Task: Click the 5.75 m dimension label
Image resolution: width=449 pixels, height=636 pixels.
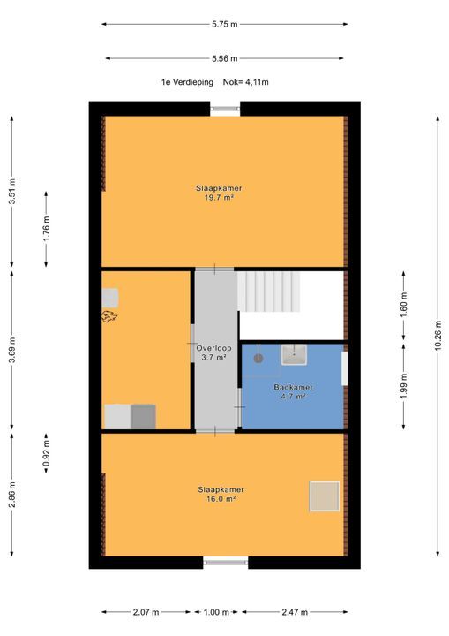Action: [x=224, y=25]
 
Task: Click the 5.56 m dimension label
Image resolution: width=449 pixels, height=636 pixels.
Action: [x=224, y=59]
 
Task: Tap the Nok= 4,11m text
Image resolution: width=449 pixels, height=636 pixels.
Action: [x=245, y=82]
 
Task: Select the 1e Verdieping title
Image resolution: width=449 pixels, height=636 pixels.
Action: [x=187, y=82]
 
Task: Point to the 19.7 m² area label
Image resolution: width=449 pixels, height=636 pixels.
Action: [x=220, y=198]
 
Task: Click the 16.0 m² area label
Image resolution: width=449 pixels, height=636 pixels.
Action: [x=221, y=499]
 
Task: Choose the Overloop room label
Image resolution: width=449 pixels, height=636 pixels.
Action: [x=214, y=348]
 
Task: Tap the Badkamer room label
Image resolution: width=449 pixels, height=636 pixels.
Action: [x=293, y=388]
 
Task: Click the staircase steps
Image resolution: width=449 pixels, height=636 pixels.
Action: [x=269, y=291]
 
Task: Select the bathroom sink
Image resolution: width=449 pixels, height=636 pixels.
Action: [x=295, y=354]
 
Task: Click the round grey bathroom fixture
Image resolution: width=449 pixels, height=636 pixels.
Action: [x=258, y=358]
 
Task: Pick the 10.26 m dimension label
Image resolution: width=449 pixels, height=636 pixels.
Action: [x=438, y=337]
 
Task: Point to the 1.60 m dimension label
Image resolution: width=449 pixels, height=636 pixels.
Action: [x=404, y=305]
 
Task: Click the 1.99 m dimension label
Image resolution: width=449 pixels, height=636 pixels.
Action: [x=404, y=386]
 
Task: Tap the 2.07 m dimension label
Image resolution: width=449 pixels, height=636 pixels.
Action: [x=146, y=612]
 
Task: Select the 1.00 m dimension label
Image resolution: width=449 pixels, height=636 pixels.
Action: [x=216, y=612]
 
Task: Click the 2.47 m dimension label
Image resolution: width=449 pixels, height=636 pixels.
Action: [x=295, y=612]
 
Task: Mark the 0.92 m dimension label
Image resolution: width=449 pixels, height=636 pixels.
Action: [x=46, y=452]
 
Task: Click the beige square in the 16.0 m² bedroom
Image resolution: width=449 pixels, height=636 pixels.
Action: [x=325, y=496]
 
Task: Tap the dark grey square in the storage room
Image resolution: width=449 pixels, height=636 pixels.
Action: [x=143, y=417]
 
